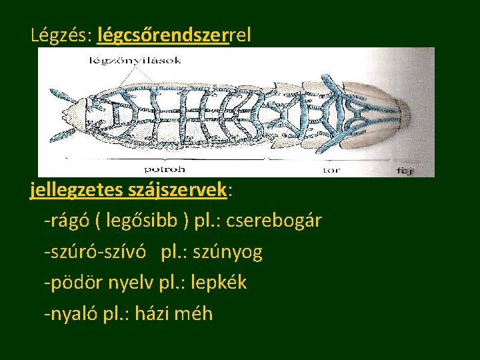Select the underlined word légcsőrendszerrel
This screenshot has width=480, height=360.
pyautogui.click(x=174, y=35)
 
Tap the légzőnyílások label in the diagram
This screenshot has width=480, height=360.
pyautogui.click(x=135, y=61)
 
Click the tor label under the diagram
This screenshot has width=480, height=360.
pyautogui.click(x=331, y=169)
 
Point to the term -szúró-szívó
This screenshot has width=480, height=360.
pyautogui.click(x=96, y=252)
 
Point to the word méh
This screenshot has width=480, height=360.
pyautogui.click(x=193, y=313)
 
